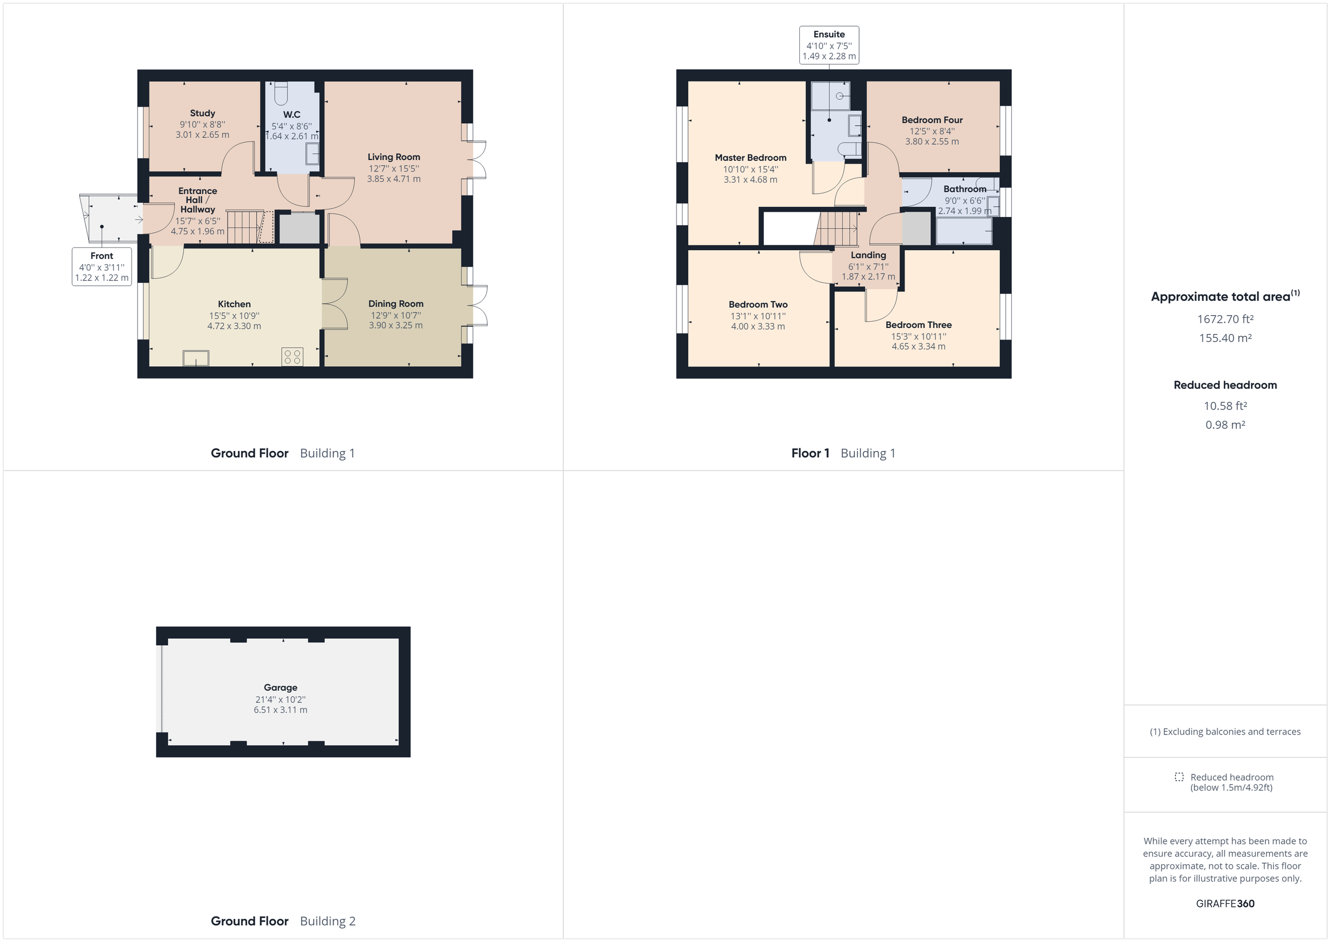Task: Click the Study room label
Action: tap(203, 113)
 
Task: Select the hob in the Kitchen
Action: tap(292, 356)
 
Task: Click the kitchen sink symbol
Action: tap(196, 358)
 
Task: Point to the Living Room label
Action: tap(393, 156)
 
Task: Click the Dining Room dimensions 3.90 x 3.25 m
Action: tap(396, 326)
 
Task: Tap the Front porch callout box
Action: tap(102, 266)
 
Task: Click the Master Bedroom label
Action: tap(750, 158)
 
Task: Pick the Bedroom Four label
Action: tap(932, 120)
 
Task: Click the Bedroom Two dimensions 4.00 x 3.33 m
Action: tap(758, 327)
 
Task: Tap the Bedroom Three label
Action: tap(919, 325)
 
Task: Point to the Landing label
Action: tap(868, 255)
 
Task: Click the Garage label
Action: tap(280, 687)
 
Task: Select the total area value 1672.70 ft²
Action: tap(1225, 319)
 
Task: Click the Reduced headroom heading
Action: tap(1225, 385)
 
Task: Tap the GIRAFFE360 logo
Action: tap(1225, 903)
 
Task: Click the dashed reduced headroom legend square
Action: tap(1179, 777)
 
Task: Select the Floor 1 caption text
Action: tap(810, 453)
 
